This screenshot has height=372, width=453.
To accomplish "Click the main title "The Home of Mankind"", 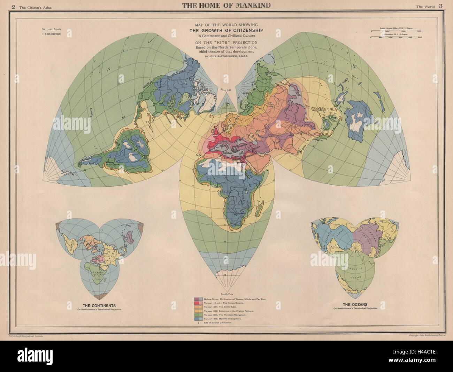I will (226, 5).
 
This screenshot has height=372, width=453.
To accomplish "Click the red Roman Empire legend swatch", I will (198, 303).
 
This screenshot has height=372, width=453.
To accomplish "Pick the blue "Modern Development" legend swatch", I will (198, 319).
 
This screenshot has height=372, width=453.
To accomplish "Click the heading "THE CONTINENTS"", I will (97, 305).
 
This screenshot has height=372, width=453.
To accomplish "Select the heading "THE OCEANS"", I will (355, 304).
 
